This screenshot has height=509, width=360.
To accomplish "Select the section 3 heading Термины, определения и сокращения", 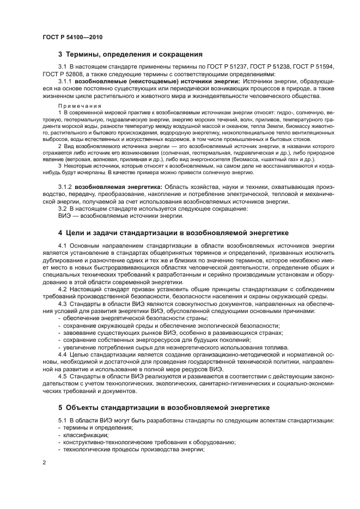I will click(x=131, y=54).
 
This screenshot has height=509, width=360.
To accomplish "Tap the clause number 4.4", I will click(x=62, y=354).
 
